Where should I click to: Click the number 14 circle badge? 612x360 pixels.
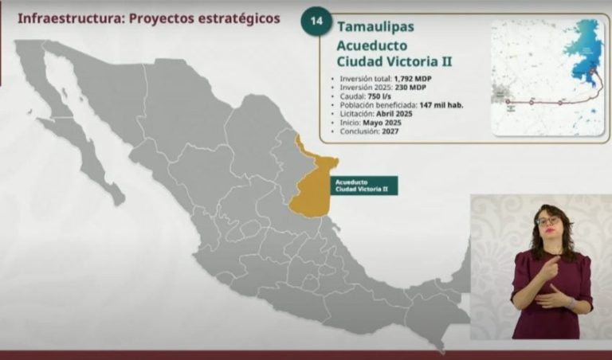coord(316,21)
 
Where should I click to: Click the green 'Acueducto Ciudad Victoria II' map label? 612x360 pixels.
coord(365,185)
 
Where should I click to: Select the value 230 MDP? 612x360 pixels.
coord(403,88)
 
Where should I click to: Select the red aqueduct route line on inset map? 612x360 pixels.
coord(550,102)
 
